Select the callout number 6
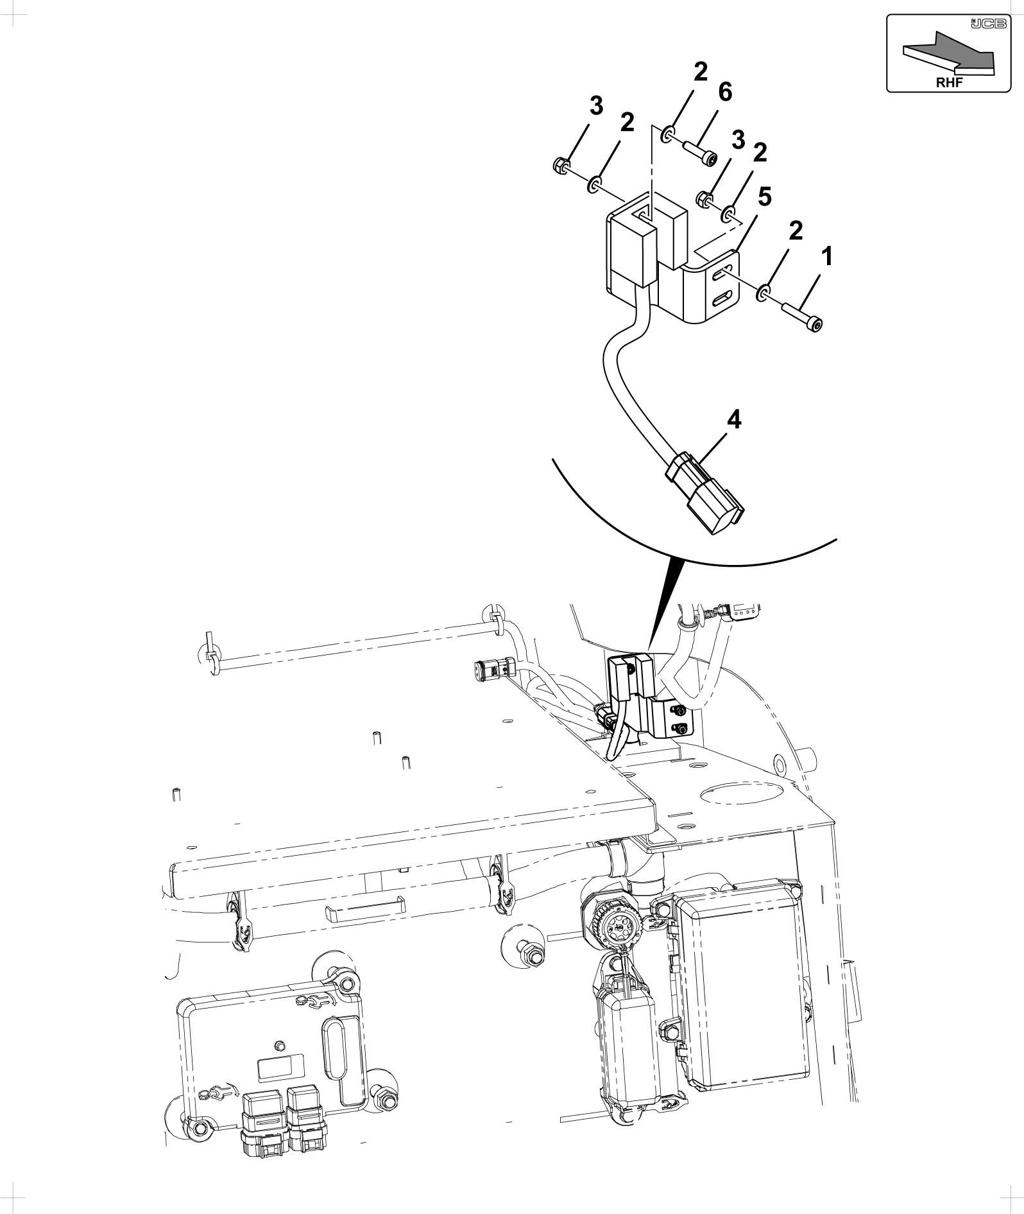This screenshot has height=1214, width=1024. click(x=725, y=92)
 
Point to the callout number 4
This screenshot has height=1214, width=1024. click(x=734, y=421)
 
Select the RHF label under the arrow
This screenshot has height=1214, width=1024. click(x=949, y=82)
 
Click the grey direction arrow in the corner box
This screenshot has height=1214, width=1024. click(x=949, y=58)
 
